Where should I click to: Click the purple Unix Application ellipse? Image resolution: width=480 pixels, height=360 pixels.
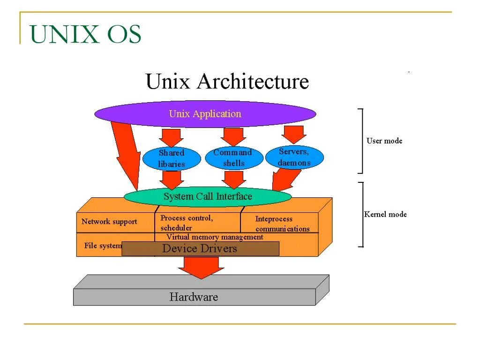point(205,114)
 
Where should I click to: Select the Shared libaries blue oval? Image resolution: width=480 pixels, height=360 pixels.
point(171,158)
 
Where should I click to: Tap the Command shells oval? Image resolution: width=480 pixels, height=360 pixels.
point(233,158)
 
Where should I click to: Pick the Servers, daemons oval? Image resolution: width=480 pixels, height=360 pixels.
point(294,157)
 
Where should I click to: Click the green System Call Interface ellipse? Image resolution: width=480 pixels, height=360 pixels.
point(208,196)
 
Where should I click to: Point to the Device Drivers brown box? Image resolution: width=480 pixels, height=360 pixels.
point(200,248)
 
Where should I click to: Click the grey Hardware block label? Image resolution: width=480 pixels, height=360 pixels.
point(194,297)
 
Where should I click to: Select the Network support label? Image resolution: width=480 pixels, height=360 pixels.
point(109,221)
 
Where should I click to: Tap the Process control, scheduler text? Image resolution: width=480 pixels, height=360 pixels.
point(187,223)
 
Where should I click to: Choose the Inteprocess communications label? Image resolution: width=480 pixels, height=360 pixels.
point(282,224)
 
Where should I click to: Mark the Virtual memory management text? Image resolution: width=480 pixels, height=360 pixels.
point(215,237)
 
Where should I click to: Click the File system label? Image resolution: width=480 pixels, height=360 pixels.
point(103,246)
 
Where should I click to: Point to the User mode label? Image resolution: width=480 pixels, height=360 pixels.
point(384,141)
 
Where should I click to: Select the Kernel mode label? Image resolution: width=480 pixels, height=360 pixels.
point(385,214)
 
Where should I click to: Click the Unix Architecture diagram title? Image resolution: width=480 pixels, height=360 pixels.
point(227,82)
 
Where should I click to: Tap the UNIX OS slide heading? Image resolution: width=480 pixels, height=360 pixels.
point(85,35)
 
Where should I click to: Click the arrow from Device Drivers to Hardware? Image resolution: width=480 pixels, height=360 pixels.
point(201,267)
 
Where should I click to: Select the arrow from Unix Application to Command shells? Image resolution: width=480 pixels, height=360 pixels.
point(233,136)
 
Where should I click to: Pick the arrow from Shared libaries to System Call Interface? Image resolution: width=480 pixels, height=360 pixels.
point(171,179)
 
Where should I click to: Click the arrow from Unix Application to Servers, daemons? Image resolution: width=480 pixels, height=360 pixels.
point(294,135)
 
